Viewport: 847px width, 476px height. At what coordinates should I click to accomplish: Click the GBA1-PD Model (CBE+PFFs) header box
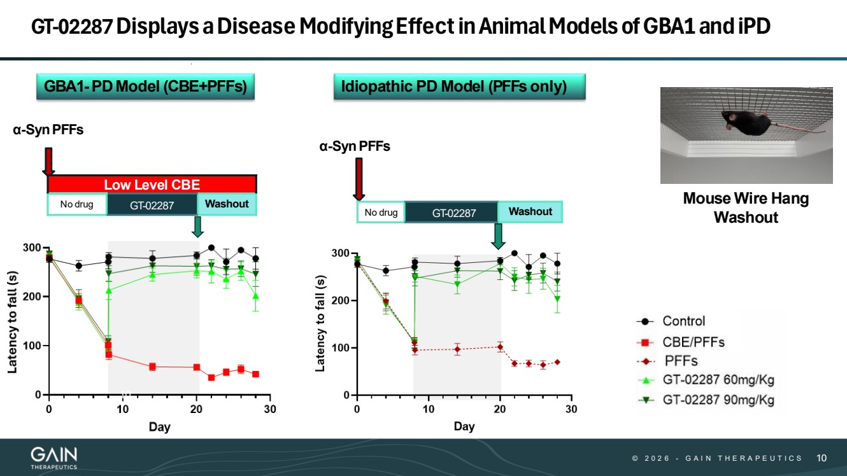145,87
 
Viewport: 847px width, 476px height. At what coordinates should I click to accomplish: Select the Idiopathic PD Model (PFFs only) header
459,87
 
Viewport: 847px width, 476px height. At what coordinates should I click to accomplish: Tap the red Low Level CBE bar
152,185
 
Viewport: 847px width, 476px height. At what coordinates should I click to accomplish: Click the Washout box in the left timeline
227,204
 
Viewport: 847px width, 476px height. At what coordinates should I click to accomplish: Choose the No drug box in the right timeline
380,213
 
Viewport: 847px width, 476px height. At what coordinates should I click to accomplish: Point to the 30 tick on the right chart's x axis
571,409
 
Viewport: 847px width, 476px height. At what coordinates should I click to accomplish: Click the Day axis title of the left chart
159,426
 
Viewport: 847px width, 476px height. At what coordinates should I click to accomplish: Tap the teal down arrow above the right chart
499,235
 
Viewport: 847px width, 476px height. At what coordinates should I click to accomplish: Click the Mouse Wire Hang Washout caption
746,207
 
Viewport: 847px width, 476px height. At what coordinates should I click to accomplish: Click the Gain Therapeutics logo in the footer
54,458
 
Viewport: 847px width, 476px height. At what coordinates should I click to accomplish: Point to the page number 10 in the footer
822,458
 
